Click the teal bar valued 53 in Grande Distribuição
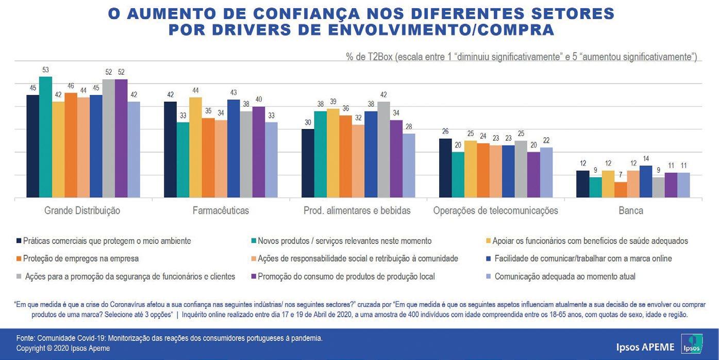46,137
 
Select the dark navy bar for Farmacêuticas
171,150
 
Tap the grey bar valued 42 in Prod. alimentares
383,150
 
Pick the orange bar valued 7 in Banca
621,190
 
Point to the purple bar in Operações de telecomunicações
533,175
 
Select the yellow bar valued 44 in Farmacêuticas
196,148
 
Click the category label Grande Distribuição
82,210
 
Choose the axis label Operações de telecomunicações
496,210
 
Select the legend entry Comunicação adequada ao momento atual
564,276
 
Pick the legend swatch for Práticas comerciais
20,241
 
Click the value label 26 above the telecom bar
445,131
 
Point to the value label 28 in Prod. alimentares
408,126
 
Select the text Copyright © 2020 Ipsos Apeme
63,348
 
